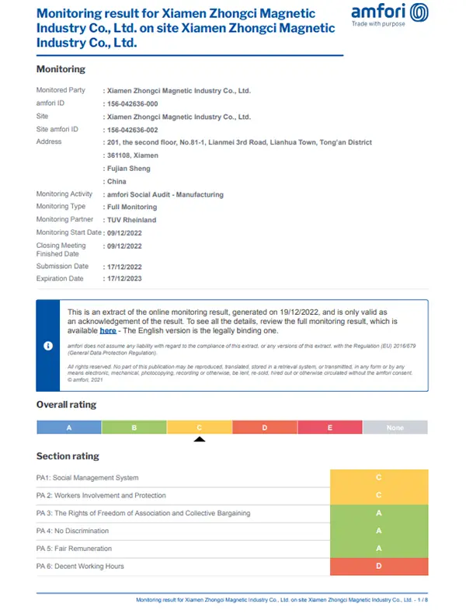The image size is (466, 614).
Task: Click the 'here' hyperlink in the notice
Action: click(108, 330)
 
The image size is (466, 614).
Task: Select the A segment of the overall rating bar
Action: click(69, 427)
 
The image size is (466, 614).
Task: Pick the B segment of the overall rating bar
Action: click(134, 427)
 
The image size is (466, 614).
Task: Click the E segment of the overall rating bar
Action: click(329, 427)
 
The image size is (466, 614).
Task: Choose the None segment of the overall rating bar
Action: click(395, 427)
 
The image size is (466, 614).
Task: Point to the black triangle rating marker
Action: click(200, 439)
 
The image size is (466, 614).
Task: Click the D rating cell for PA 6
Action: click(378, 567)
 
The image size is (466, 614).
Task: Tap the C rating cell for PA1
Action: click(378, 478)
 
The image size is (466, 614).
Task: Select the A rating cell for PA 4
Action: click(378, 531)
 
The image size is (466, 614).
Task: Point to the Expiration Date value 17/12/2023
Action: click(124, 279)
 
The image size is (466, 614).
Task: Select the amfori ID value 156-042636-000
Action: click(133, 103)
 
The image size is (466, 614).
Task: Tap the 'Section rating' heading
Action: click(68, 456)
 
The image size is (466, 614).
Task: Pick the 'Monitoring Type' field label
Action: click(61, 207)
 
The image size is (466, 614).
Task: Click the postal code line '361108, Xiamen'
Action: click(133, 155)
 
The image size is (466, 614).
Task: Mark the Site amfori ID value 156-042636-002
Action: click(133, 130)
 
